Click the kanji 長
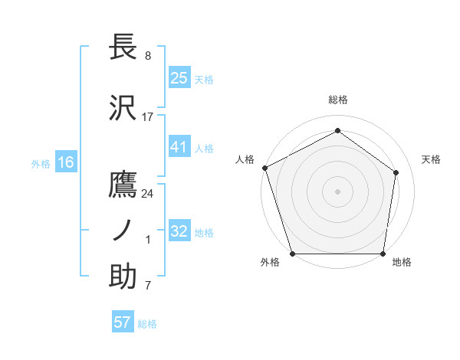[123, 47]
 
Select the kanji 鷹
[123, 185]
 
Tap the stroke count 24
[147, 193]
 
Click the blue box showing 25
[179, 77]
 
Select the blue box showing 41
[179, 147]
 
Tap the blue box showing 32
[179, 231]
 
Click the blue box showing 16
[65, 162]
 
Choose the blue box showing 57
[122, 322]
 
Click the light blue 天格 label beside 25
[204, 79]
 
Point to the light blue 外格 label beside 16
[41, 163]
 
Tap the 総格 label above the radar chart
[338, 100]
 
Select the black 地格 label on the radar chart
[402, 263]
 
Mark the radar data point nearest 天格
[396, 172]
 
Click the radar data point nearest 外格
[293, 254]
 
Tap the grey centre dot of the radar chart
[337, 191]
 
